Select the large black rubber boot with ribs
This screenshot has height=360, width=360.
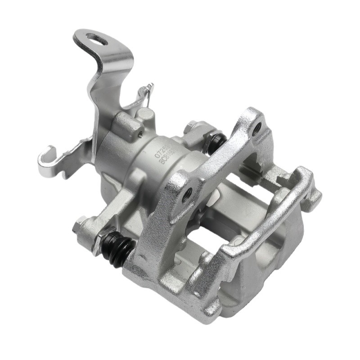118,250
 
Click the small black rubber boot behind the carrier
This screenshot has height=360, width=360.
217,142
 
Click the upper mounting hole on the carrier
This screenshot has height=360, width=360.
256,130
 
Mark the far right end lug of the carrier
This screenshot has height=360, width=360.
313,189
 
